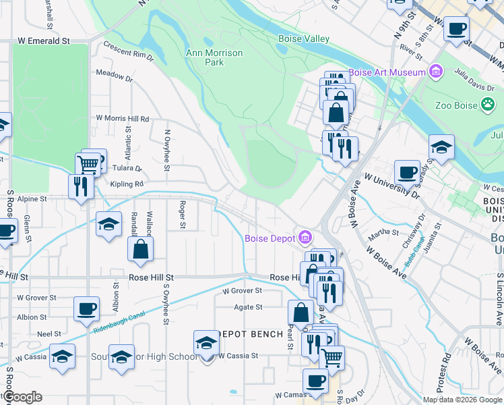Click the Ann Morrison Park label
click(x=205, y=57)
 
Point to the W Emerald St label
click(x=44, y=41)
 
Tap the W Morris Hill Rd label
click(x=122, y=118)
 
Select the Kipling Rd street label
click(x=129, y=184)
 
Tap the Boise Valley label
click(x=304, y=39)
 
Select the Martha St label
click(x=384, y=232)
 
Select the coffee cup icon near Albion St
click(x=86, y=308)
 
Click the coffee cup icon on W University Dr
click(x=406, y=173)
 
